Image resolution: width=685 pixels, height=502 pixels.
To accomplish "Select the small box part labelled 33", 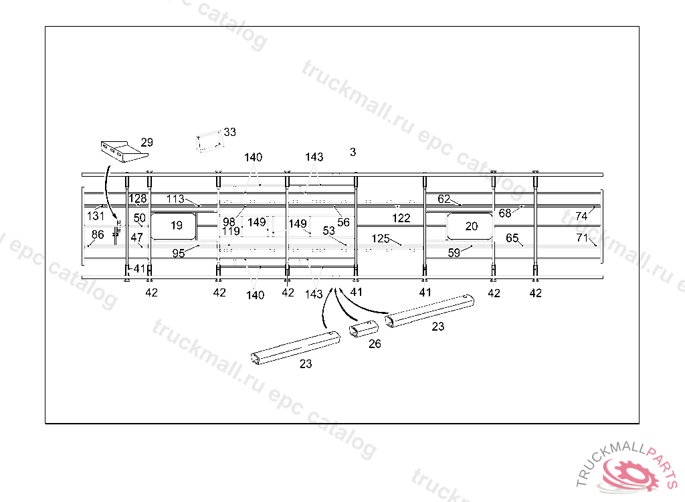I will tap(210, 141).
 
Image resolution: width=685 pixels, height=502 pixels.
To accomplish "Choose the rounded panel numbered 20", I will tap(470, 226).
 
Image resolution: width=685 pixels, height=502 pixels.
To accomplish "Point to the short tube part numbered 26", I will tap(364, 330).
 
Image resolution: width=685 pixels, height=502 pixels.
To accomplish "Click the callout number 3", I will tap(353, 152).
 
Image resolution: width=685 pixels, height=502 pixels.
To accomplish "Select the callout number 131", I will tap(96, 216).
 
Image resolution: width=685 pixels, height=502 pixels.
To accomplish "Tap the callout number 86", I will tap(98, 234).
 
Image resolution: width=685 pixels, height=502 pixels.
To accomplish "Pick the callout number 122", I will tap(401, 218).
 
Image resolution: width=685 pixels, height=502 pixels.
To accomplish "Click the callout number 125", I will tap(381, 238).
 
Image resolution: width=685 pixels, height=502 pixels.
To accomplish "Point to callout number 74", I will tap(581, 216).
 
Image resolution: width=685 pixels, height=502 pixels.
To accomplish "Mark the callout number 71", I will tap(582, 238).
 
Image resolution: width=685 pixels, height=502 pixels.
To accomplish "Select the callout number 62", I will tap(444, 199).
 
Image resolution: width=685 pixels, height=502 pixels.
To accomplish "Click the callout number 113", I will tap(175, 199).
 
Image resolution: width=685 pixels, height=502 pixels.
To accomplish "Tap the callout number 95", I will tap(178, 254).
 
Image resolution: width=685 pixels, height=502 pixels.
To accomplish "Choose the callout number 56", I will tap(343, 222).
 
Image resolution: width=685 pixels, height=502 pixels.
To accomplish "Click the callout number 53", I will tap(328, 231).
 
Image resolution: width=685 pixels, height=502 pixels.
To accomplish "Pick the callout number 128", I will tap(138, 199).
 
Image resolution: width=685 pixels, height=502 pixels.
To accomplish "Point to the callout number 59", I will tap(454, 252).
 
